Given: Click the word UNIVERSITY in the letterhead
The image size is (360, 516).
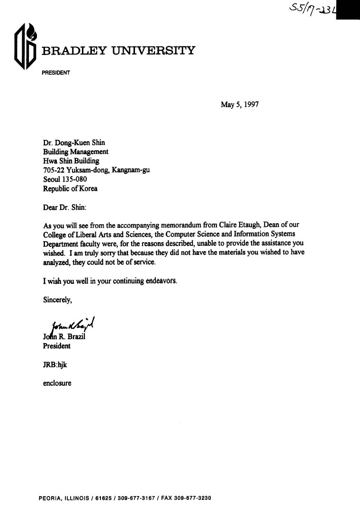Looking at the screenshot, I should pos(153,51).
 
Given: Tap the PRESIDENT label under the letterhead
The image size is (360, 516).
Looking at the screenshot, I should pos(56,73).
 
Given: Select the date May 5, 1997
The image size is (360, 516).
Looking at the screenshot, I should pos(240,105).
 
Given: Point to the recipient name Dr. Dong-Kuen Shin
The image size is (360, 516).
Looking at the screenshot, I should pos(74,143).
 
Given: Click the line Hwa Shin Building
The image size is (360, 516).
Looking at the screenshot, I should pos(71,161).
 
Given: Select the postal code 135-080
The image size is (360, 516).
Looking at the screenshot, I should pos(74,179).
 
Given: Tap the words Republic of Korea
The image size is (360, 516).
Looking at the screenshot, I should pos(70,188).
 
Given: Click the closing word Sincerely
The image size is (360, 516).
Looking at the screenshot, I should pos(58,299).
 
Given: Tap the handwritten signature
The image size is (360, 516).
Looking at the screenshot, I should pos(71,324).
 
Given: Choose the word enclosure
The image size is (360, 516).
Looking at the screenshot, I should pos(57,383).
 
